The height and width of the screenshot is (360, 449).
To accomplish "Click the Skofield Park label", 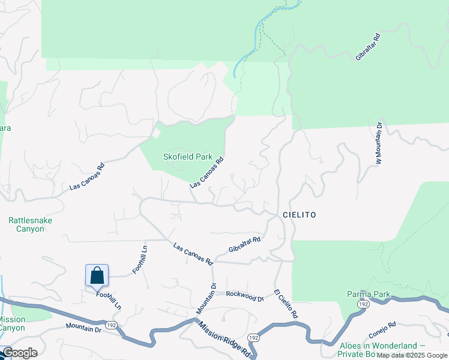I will coord(188,157).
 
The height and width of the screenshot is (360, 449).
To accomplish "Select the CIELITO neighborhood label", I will coord(298,215).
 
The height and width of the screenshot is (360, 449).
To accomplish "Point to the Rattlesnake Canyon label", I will coord(30,224).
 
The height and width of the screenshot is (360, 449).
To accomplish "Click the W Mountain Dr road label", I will coord(379,144).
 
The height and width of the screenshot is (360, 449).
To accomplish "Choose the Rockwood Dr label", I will coord(245,296).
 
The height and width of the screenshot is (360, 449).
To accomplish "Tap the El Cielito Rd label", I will coord(286,304).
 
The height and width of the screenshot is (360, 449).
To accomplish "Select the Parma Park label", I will coord(369,294).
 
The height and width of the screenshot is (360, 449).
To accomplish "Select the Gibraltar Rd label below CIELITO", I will coord(244,244).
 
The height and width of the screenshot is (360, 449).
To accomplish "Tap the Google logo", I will coord(19,353).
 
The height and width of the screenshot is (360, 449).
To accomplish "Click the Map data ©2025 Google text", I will coord(412,355).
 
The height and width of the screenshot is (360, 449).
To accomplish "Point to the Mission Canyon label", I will coord(12,324).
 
